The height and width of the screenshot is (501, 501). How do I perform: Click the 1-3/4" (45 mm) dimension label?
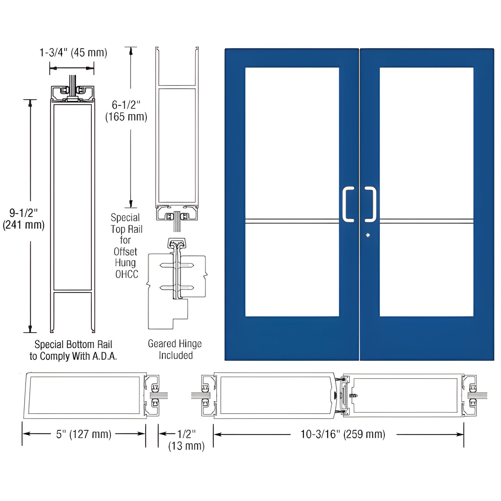pos(73,53)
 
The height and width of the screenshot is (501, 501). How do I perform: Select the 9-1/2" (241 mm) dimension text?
pos(24,219)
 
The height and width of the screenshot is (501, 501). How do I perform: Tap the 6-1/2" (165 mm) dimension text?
pos(126,111)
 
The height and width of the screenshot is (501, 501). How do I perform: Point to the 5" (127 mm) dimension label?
pos(84,434)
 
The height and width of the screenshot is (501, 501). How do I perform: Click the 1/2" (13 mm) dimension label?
pos(186,440)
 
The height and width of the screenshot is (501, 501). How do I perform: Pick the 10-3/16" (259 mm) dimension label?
pos(343,434)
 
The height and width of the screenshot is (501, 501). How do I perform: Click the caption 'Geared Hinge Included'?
pos(175,349)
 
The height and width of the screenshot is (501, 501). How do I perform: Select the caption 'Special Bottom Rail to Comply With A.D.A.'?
pos(73,350)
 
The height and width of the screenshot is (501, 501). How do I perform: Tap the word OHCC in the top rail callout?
pos(127,274)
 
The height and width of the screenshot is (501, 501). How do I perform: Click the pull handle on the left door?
pos(348,204)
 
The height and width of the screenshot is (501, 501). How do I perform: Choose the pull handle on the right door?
pos(371,204)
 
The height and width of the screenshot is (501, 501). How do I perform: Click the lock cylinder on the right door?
pos(368,235)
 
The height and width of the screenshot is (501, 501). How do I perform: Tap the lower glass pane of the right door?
pos(426,270)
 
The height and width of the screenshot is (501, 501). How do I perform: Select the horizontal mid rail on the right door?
pos(426,221)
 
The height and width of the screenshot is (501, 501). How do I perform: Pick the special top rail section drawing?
pos(177,139)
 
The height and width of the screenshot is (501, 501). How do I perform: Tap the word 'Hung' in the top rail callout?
pos(125,263)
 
